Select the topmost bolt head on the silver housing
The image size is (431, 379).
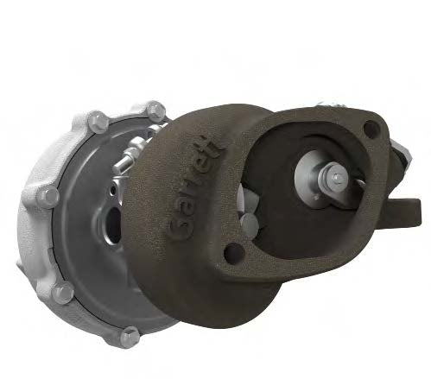click(x=153, y=110)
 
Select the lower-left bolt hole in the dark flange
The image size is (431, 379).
click(x=232, y=256)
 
